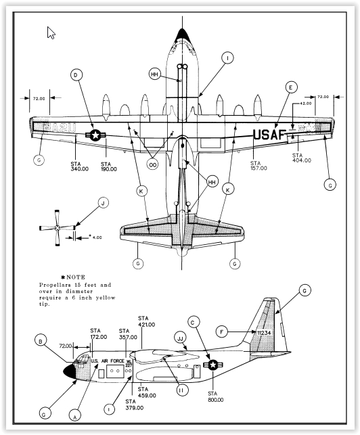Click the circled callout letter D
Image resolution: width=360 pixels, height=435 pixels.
coord(76,74)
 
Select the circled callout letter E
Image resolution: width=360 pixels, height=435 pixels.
coord(290,87)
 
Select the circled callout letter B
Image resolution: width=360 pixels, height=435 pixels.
coord(43,342)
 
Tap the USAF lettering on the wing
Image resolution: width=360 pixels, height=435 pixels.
coord(270,135)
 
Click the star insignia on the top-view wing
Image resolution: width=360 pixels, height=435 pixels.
coord(96,136)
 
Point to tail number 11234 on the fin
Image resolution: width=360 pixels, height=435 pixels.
coord(264,332)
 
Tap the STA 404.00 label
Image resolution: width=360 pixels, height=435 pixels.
coord(302,158)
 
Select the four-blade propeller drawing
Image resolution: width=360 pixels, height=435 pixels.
coord(57,227)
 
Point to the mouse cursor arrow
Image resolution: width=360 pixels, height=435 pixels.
coord(51,32)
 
